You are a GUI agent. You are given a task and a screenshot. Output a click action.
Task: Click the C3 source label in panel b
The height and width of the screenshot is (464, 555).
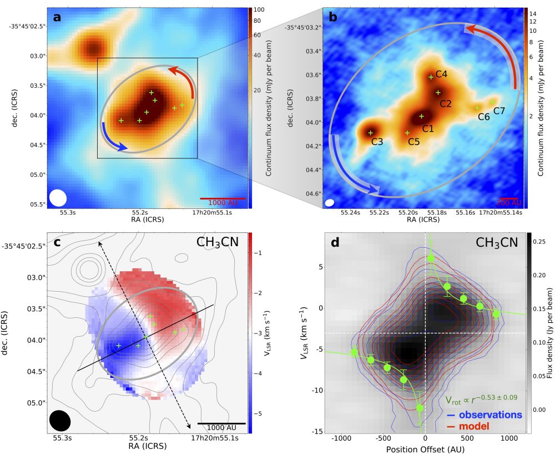tap(377, 142)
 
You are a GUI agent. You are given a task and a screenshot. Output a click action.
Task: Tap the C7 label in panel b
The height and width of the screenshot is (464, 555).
tap(499, 111)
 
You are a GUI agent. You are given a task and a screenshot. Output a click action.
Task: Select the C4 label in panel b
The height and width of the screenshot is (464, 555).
tap(441, 74)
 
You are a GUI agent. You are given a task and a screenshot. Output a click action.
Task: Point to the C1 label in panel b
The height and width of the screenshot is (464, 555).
tap(427, 128)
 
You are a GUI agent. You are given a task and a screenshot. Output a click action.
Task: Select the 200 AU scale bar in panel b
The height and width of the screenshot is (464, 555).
tap(508, 198)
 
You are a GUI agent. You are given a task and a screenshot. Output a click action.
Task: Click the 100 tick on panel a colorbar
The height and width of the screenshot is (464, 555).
tap(259, 11)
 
